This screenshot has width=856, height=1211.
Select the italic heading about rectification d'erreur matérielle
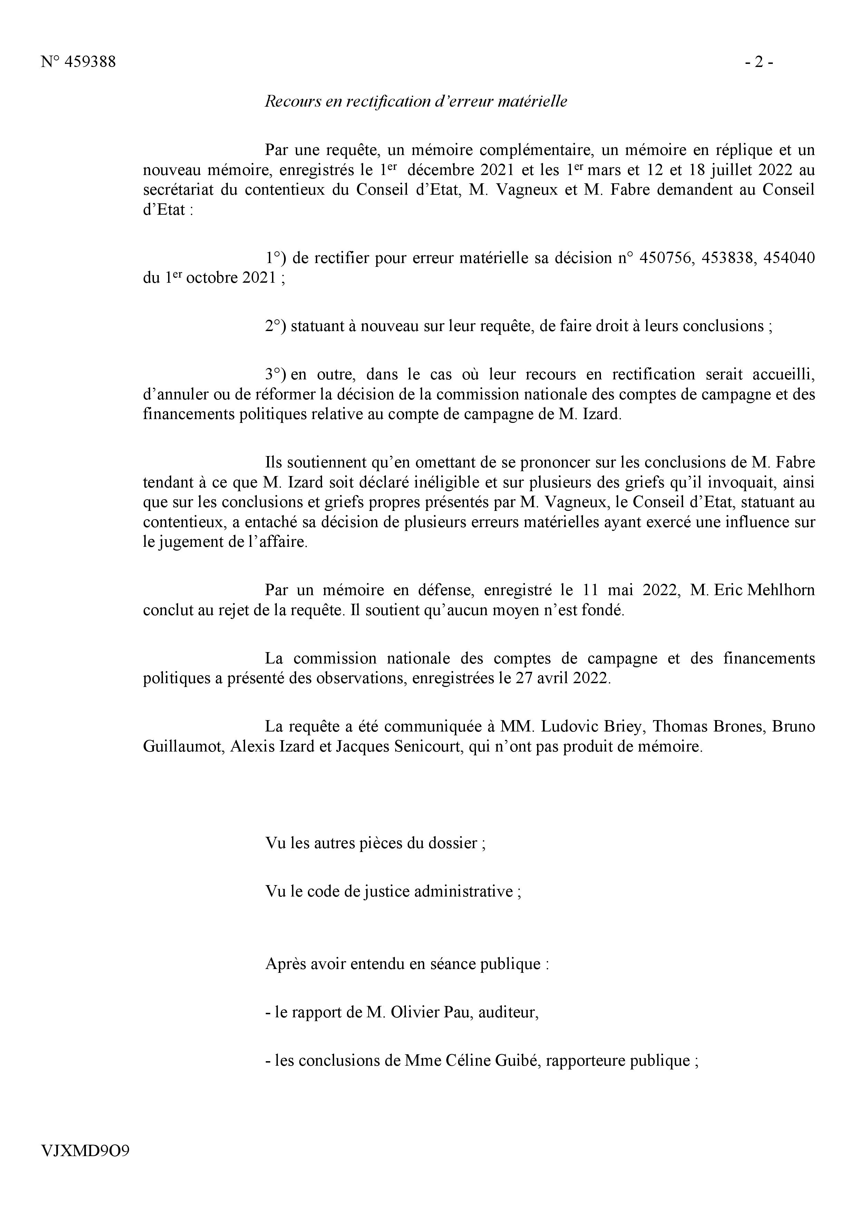(x=416, y=101)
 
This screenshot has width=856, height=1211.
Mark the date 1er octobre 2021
(x=221, y=278)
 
